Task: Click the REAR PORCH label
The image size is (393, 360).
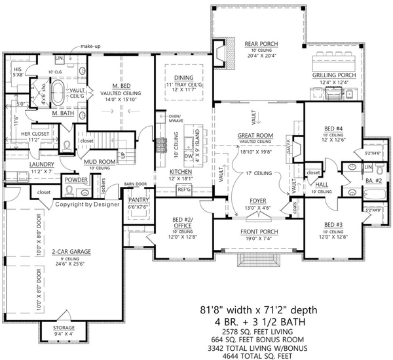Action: point(261,44)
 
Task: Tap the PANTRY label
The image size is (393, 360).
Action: point(138,199)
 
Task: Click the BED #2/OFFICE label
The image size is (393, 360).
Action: point(178,220)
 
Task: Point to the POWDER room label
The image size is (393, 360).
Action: point(75,178)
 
